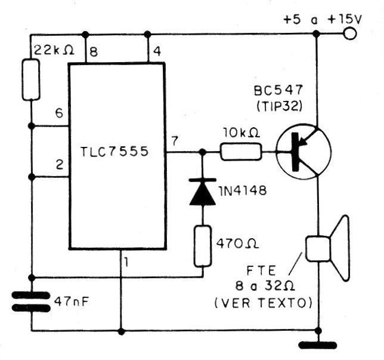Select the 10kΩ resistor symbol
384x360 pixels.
[x=241, y=153]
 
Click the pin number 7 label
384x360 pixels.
[x=174, y=141]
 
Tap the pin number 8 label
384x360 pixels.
[x=94, y=52]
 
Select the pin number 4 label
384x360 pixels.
[x=157, y=52]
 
